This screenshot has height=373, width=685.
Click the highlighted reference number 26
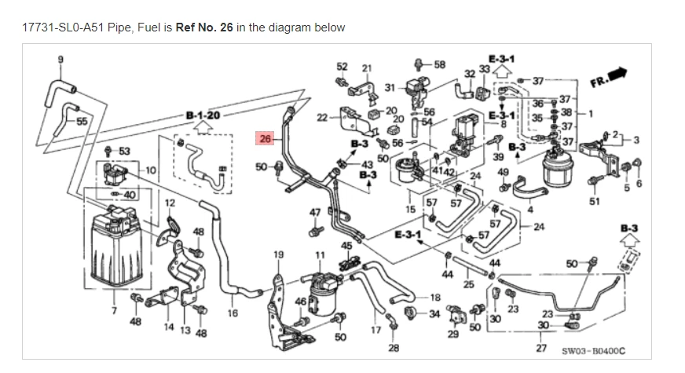click(x=265, y=139)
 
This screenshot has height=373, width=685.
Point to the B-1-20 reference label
click(x=203, y=115)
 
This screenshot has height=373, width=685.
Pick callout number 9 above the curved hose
click(x=61, y=59)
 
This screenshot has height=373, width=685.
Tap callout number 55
click(x=82, y=121)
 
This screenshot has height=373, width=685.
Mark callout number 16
click(x=233, y=313)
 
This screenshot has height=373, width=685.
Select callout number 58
click(x=439, y=64)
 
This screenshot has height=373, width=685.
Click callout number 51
click(x=595, y=201)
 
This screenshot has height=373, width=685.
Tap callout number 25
click(x=470, y=283)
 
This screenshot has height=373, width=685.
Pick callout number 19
click(x=278, y=254)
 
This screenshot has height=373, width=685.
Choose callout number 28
click(x=394, y=347)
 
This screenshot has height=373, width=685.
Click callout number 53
click(x=124, y=150)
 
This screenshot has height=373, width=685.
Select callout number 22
click(x=322, y=117)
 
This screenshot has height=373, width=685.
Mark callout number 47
click(x=314, y=213)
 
